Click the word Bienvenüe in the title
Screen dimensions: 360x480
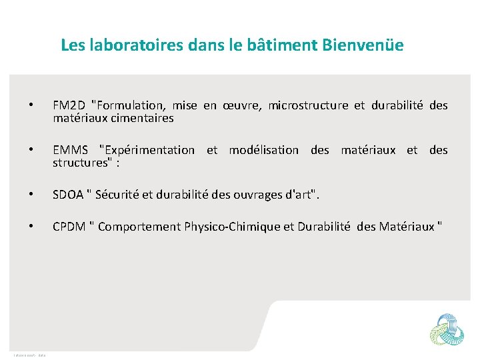tap(362, 45)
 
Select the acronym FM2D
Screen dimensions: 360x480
tap(69, 105)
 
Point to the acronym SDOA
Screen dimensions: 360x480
tap(68, 195)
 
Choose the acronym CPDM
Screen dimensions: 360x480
tap(69, 227)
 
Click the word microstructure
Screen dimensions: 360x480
tap(308, 105)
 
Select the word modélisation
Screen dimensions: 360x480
tap(263, 150)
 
